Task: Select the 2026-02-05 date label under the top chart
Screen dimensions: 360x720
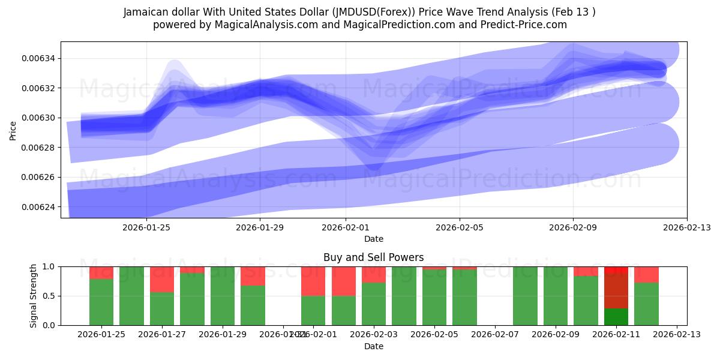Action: [459, 227]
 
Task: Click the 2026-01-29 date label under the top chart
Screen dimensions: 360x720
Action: [260, 227]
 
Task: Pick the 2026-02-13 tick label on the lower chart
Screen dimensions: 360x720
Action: [677, 335]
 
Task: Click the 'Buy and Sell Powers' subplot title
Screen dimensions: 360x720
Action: [373, 257]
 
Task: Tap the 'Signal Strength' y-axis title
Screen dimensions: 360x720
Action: [34, 295]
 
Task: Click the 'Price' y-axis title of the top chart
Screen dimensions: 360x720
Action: [13, 130]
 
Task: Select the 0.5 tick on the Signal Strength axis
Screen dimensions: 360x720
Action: [47, 296]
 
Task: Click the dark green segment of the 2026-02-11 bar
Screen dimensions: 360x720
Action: [616, 317]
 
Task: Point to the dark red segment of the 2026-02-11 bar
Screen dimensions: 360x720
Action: [616, 291]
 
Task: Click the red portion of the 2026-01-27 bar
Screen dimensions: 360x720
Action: [162, 280]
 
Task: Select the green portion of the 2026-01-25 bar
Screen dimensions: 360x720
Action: [101, 302]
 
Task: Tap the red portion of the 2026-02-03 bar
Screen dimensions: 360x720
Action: [374, 274]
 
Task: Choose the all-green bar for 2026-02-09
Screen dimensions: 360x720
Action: [556, 296]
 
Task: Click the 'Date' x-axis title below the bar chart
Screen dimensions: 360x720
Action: [373, 346]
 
